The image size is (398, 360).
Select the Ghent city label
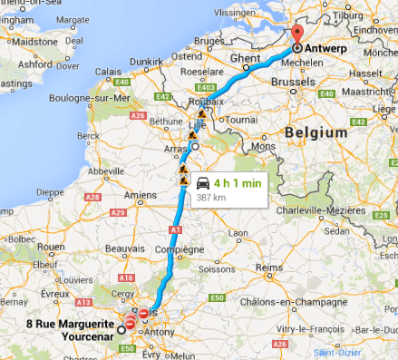click(245, 58)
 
